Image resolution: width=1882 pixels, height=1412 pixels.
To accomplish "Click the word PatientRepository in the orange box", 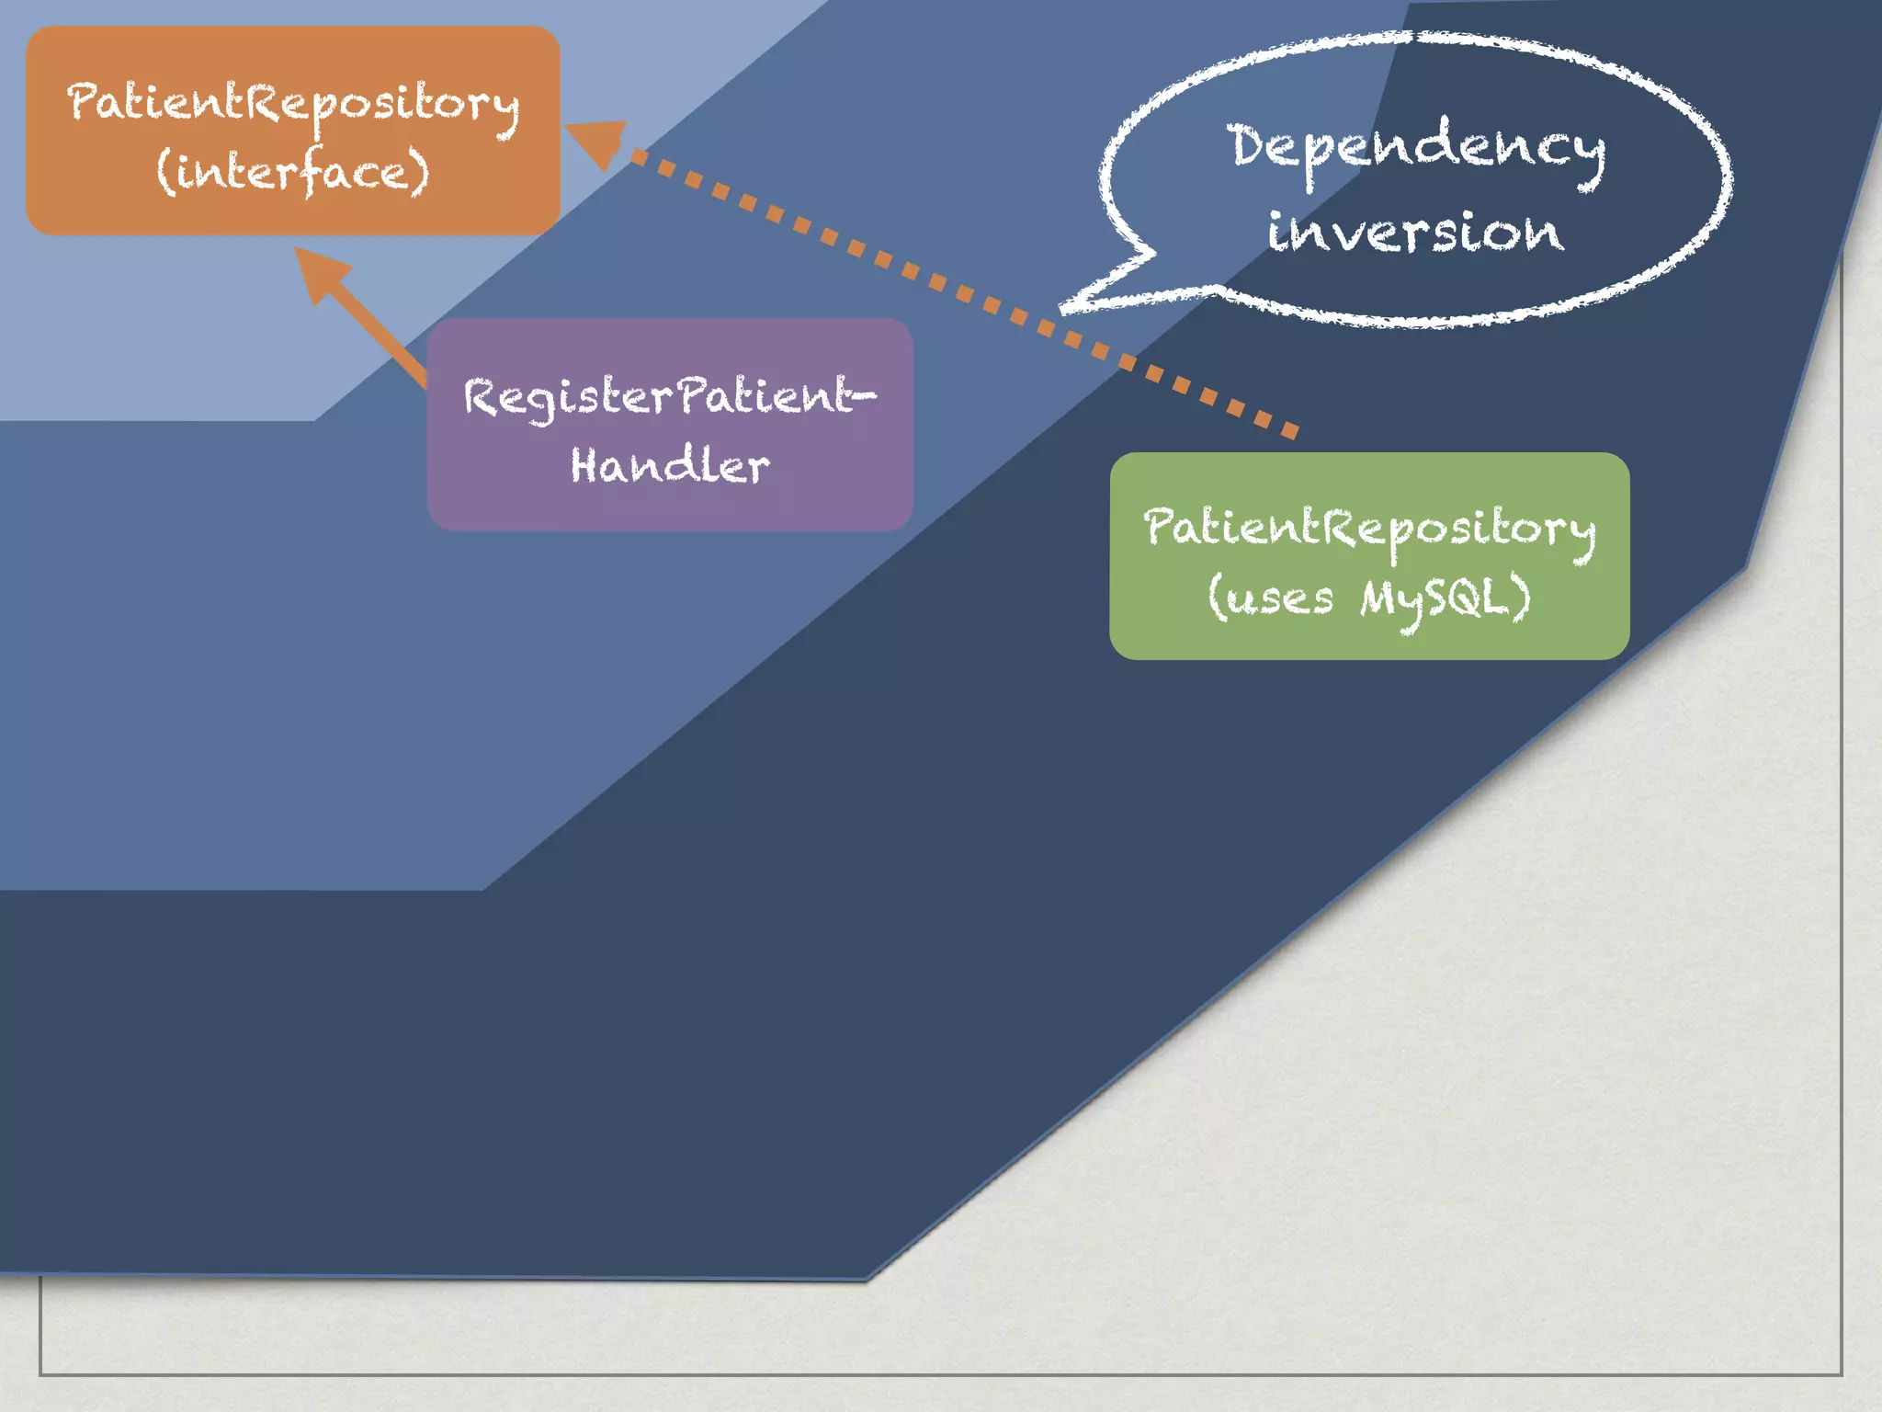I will point(292,103).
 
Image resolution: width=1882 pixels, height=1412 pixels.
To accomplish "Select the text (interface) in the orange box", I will point(292,171).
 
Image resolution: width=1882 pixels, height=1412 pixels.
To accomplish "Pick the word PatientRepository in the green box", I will point(1369,528).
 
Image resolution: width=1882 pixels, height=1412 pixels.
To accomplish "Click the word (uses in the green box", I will point(1270,598).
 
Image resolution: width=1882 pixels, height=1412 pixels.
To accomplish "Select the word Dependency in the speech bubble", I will point(1417,149).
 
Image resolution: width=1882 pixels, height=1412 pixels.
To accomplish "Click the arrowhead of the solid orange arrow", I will point(320,271).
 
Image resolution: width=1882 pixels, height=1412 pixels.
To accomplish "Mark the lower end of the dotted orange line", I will point(1290,430).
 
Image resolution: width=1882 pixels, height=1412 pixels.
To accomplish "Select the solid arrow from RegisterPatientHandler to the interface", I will point(368,322).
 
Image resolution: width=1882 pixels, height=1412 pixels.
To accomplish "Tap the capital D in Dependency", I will point(1249,145).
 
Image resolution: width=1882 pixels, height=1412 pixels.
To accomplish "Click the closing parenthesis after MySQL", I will point(1522,598).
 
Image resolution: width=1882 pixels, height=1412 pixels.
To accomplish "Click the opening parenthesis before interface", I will point(165,172).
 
